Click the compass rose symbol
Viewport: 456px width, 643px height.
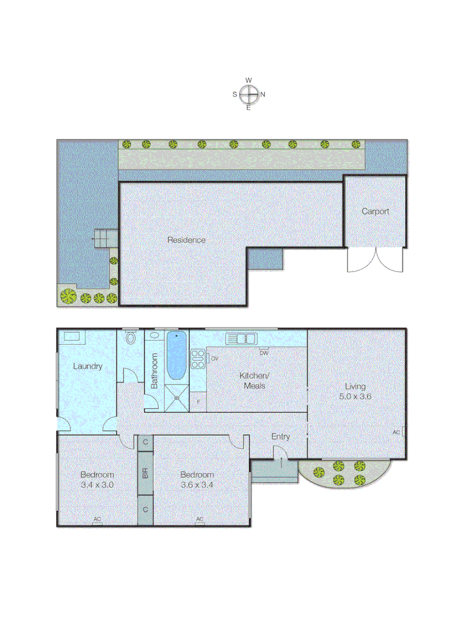coord(249,94)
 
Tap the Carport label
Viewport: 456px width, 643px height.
coord(376,211)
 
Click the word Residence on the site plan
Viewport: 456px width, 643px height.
coord(186,240)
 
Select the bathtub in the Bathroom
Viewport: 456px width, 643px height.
coord(176,356)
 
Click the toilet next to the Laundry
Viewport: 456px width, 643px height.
coord(131,338)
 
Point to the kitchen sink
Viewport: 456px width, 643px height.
coord(241,339)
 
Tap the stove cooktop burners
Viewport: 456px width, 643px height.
coord(197,358)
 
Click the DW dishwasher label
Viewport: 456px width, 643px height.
coord(263,352)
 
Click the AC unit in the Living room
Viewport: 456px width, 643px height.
coord(404,432)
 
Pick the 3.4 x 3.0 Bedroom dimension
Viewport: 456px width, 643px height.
coord(97,485)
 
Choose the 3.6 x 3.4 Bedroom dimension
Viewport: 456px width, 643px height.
coord(197,485)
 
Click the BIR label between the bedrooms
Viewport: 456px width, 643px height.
coord(145,474)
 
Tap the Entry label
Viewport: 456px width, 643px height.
coord(281,436)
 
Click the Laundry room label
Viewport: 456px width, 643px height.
coord(87,366)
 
